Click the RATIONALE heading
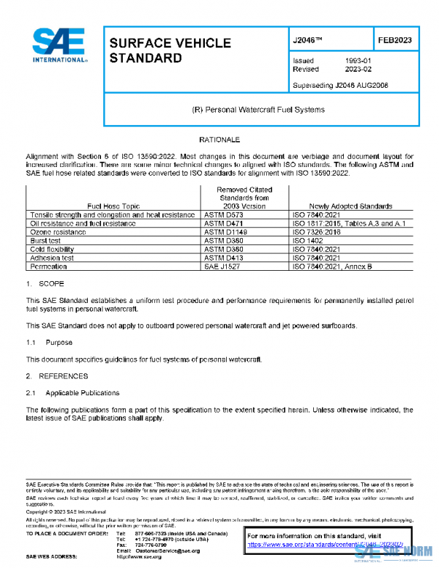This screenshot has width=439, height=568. tap(219, 139)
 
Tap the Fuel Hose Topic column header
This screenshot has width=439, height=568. tap(105, 206)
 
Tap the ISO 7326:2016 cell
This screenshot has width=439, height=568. tap(318, 231)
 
